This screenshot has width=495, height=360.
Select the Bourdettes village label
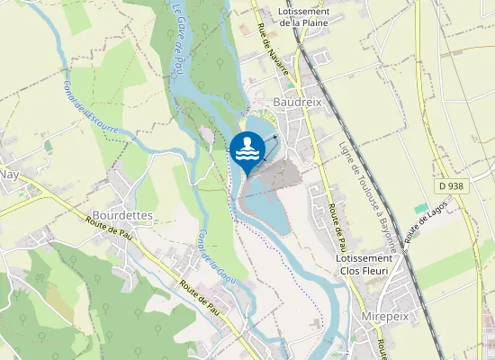[122, 216]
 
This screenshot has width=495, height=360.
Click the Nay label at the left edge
[9, 174]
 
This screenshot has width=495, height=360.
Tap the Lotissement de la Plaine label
[304, 16]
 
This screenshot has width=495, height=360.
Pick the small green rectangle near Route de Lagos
[421, 208]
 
